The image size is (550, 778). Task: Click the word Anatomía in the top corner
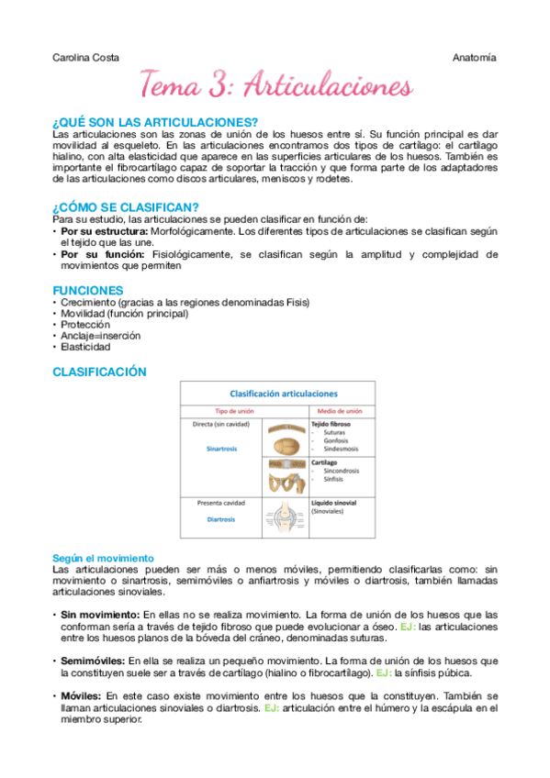[475, 57]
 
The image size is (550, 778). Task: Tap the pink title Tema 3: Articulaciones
[275, 86]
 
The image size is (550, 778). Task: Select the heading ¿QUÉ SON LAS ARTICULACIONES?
[155, 123]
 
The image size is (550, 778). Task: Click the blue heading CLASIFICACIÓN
[100, 372]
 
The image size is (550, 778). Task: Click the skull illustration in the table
[285, 441]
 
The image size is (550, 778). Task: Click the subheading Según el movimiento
[103, 558]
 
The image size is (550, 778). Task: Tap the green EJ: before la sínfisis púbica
[376, 672]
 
